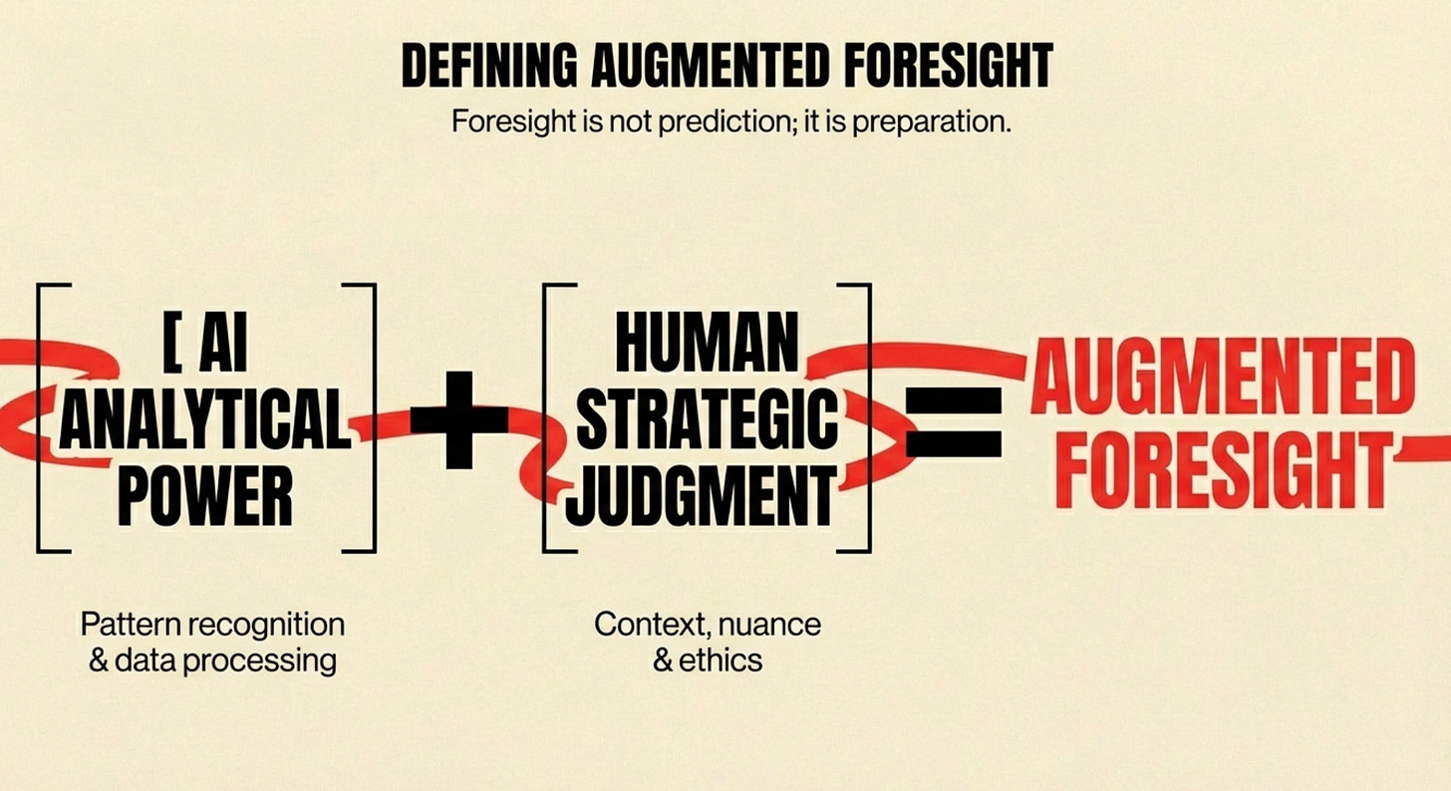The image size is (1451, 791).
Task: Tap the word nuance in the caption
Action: [x=773, y=625]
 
